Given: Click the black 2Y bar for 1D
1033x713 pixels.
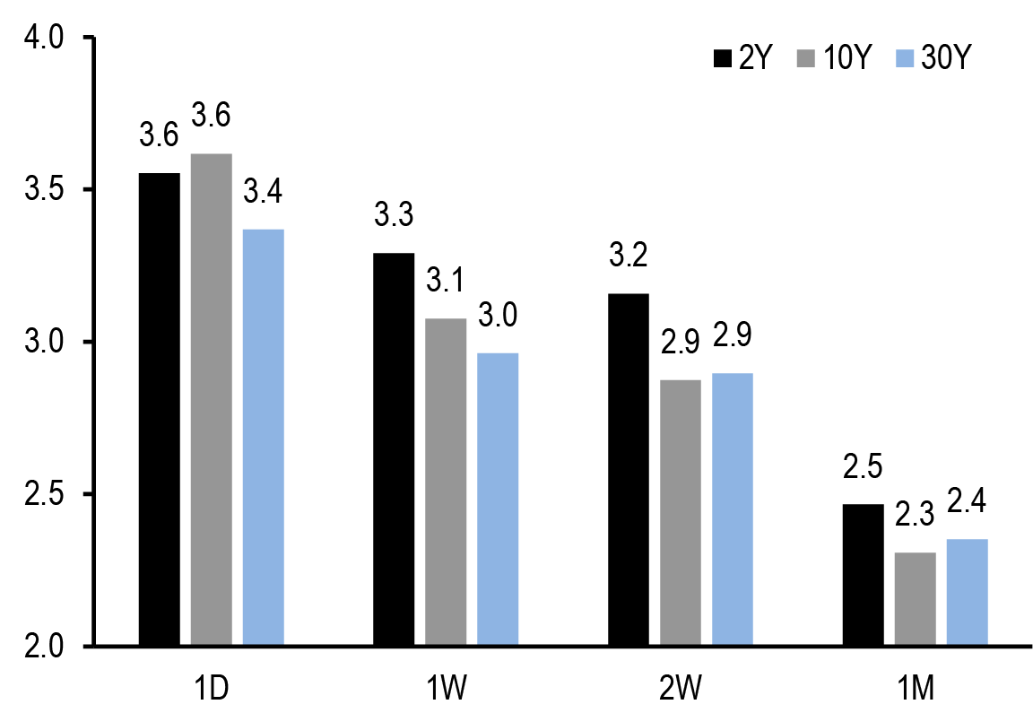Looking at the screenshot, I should (159, 409).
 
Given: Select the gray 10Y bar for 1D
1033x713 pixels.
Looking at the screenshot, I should (211, 399).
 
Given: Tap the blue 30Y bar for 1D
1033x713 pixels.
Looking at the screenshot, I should (263, 437).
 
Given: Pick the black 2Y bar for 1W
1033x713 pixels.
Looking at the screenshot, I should (394, 449).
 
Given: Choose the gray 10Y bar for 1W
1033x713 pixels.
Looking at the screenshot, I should (446, 482).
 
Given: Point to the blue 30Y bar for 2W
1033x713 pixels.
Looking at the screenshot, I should (732, 509).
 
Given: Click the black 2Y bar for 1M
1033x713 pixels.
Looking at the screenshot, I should (863, 575).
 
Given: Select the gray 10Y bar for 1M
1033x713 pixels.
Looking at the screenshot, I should (915, 599).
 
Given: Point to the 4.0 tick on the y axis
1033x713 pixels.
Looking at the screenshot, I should (45, 38).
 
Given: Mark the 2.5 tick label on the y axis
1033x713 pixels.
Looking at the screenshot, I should (45, 494).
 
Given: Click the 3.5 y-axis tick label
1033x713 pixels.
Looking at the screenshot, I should (45, 190).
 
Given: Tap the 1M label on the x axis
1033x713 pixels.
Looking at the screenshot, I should (916, 688).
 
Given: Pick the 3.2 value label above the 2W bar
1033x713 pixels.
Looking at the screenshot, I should (629, 256).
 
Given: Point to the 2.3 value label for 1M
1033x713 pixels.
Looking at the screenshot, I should (915, 515).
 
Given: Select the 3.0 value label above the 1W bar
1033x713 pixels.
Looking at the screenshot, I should (498, 316).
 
